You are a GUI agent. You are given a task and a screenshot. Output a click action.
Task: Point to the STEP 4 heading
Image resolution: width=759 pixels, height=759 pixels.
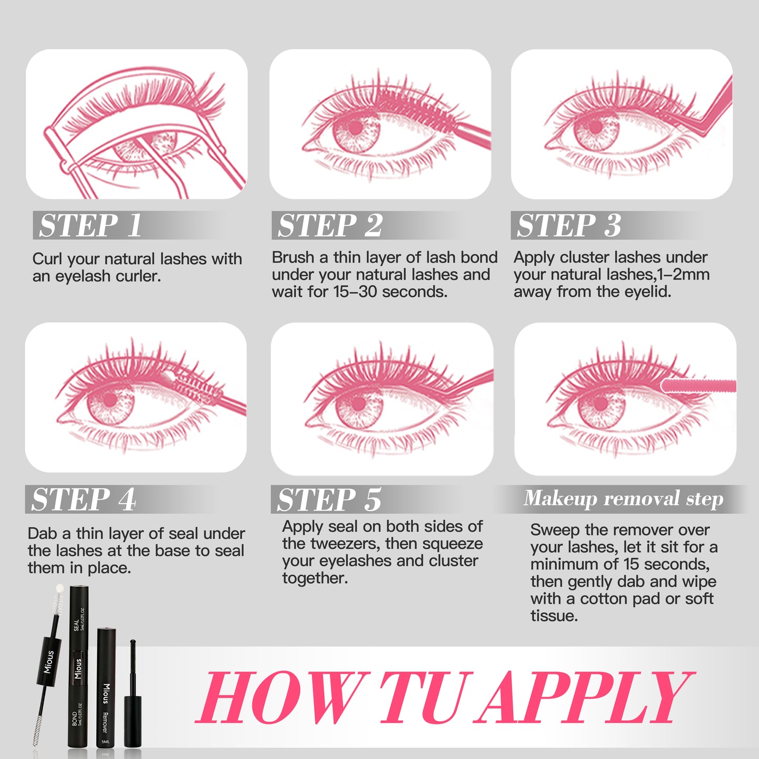pyautogui.click(x=84, y=499)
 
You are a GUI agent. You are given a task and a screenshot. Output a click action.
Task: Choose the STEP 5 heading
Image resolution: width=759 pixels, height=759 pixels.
pyautogui.click(x=329, y=499)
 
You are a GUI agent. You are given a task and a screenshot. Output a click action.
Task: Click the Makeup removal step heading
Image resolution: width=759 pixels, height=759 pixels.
pyautogui.click(x=623, y=498)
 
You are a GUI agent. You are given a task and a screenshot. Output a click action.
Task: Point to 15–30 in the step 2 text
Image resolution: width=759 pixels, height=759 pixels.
pyautogui.click(x=355, y=292)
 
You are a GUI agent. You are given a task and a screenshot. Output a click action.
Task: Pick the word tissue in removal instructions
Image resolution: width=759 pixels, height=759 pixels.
pyautogui.click(x=554, y=616)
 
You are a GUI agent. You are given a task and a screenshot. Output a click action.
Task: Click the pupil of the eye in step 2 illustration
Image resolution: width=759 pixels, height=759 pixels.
pyautogui.click(x=356, y=127)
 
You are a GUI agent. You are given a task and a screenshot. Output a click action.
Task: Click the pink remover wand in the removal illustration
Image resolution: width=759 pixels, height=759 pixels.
pyautogui.click(x=698, y=385)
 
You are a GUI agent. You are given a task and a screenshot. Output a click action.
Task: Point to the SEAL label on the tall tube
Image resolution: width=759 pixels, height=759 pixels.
pyautogui.click(x=76, y=626)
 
